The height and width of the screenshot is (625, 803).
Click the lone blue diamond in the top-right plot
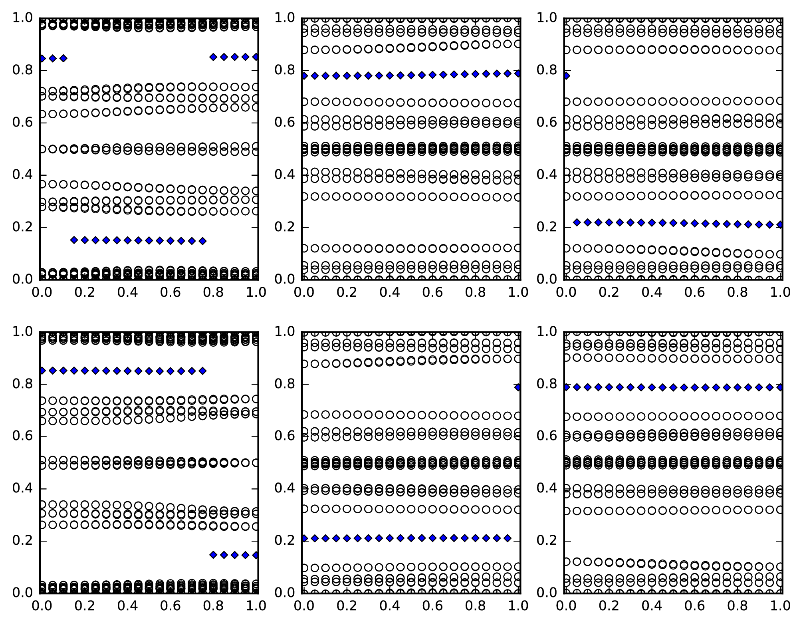[565, 76]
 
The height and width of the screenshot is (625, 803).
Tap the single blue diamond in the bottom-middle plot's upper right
[518, 387]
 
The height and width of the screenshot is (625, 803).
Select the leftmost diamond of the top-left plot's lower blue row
[74, 240]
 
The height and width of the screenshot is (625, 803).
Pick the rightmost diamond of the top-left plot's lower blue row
[202, 241]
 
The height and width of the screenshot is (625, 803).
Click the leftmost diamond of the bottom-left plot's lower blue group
[213, 555]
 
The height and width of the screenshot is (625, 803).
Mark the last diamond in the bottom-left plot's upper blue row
[202, 371]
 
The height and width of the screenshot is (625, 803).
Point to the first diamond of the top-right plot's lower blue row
[577, 222]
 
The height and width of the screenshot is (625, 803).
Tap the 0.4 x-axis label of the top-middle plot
[389, 292]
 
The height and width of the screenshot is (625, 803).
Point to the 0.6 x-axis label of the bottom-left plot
[171, 606]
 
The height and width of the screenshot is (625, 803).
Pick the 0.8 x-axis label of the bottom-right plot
[738, 606]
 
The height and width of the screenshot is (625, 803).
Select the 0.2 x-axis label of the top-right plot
[608, 292]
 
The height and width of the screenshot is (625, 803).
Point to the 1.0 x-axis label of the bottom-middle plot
[518, 606]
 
